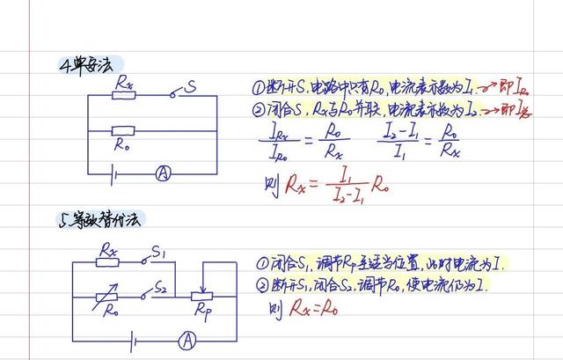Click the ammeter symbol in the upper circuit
[x=163, y=175]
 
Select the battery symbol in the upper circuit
[x=113, y=174]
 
